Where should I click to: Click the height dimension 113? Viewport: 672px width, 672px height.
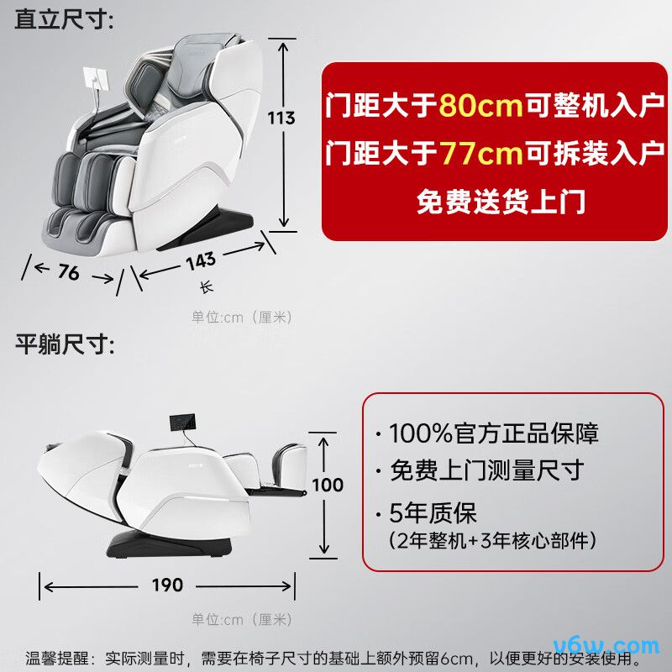tap(281, 118)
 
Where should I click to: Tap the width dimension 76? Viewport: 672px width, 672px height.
tap(69, 271)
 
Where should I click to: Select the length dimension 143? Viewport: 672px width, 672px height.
tap(201, 261)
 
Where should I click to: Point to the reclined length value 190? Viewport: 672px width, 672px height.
tap(167, 585)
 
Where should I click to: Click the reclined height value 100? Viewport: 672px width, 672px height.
tap(328, 485)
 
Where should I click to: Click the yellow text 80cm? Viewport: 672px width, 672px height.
tap(480, 105)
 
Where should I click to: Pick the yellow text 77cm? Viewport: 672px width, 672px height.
tap(481, 153)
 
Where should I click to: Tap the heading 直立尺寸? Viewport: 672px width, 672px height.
tap(64, 18)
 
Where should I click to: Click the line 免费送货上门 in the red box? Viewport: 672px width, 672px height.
tap(501, 202)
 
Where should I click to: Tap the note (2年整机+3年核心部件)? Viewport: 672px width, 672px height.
tap(492, 540)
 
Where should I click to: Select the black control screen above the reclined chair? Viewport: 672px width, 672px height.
tap(182, 422)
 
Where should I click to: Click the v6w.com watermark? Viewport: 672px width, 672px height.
tap(606, 645)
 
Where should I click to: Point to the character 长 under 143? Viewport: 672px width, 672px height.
tap(207, 286)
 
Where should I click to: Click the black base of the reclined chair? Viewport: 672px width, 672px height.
tap(170, 543)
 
